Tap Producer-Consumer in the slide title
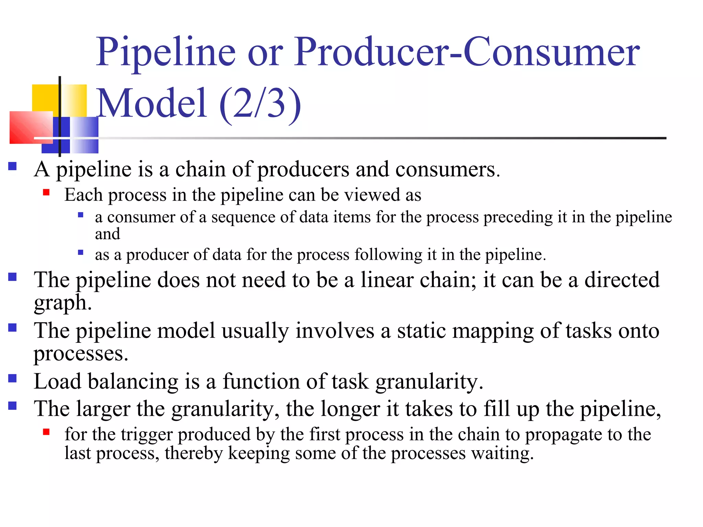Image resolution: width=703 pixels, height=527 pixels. pos(467,52)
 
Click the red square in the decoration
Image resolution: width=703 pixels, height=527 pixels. pos(31,127)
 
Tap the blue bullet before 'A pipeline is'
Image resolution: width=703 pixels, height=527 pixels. pos(13,167)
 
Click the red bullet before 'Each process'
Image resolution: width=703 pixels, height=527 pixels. pos(46,192)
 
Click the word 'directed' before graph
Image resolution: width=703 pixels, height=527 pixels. pos(622,280)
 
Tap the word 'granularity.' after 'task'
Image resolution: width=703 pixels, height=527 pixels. pos(429,382)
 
